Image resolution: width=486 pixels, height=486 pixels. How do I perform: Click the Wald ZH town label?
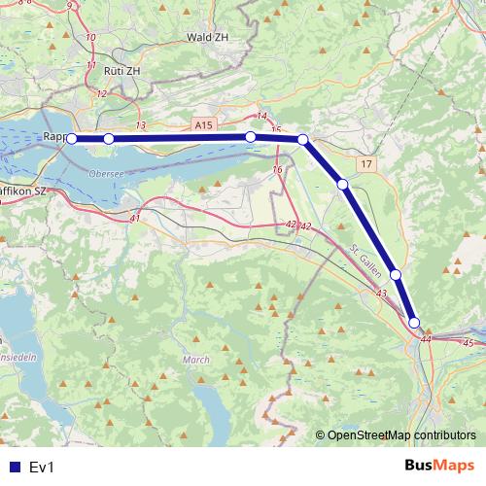coord(207,37)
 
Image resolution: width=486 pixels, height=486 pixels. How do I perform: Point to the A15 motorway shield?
coord(202,126)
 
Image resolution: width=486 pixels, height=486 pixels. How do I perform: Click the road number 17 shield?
coord(364,166)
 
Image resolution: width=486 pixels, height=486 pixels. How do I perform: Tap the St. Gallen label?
coord(362,259)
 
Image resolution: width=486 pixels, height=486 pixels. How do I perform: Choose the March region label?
coord(195,360)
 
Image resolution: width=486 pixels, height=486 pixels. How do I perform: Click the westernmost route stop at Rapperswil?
coord(72,139)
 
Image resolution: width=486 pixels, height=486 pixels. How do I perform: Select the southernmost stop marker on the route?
coord(414,323)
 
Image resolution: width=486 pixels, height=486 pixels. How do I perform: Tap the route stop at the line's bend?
coord(303,140)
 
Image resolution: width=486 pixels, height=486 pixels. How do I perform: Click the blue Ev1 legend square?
coord(13,467)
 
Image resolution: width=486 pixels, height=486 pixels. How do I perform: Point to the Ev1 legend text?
coord(42,468)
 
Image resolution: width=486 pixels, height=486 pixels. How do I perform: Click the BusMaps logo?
coord(438,467)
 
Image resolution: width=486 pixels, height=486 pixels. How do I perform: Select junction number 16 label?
coord(278,170)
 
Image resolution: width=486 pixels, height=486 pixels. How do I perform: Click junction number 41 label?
coord(135,218)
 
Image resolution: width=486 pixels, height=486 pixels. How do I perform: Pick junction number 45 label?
coord(469,343)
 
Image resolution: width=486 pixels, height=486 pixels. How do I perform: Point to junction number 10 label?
coord(91,37)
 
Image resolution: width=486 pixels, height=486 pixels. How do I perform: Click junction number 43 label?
coord(380,294)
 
